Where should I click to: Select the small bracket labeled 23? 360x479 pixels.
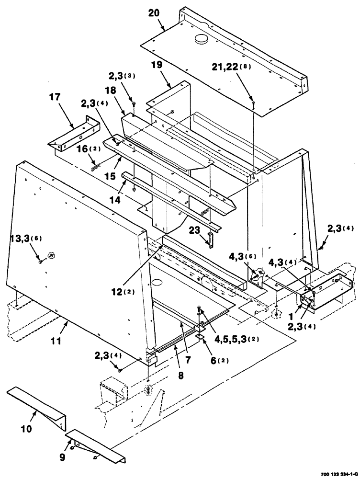pos(210,239)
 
